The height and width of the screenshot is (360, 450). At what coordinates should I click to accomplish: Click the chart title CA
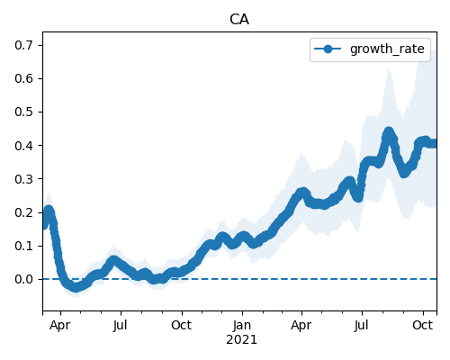point(239,20)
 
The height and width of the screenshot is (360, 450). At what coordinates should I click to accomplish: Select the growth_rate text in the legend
point(387,49)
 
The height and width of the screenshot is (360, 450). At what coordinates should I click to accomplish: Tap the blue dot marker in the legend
point(328,49)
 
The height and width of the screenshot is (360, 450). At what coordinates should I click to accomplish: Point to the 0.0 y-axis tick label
point(23,279)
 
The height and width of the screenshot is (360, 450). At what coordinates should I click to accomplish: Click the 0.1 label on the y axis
point(23,246)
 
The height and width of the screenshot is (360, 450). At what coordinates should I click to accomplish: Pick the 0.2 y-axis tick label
point(23,212)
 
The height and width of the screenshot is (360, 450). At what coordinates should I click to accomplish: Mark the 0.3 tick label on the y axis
point(23,179)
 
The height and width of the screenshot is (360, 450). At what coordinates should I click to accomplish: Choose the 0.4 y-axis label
point(23,146)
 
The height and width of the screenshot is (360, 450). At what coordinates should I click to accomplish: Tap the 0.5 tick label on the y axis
point(23,112)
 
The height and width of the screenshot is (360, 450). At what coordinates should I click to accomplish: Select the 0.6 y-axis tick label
point(23,78)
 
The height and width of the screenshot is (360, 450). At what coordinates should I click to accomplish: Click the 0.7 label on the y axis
point(23,45)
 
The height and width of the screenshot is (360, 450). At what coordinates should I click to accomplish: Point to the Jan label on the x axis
point(242,325)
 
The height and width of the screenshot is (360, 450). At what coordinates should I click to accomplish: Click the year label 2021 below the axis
point(242,339)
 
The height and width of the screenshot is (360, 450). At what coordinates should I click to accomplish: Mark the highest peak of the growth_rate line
point(389,132)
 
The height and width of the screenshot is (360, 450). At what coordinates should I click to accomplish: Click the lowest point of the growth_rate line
point(76,288)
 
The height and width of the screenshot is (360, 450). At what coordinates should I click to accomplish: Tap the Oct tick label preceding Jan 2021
point(182,325)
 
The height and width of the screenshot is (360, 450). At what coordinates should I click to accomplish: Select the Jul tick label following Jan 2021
point(361,325)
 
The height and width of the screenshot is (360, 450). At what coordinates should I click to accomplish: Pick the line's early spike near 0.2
point(49,211)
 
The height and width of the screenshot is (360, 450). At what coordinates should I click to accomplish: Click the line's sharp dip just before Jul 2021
point(358,197)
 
